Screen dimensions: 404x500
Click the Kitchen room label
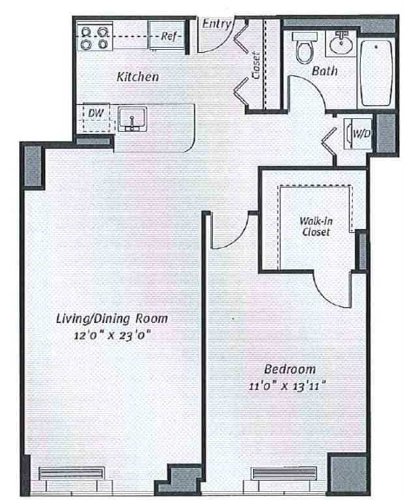pyautogui.click(x=137, y=77)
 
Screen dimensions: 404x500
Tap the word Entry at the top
pyautogui.click(x=216, y=23)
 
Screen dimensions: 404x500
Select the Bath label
pyautogui.click(x=325, y=70)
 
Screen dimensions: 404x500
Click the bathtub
pyautogui.click(x=377, y=74)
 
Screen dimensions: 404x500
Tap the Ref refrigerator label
pyautogui.click(x=169, y=36)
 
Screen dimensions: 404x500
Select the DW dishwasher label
pyautogui.click(x=96, y=113)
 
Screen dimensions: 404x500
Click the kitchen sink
pyautogui.click(x=132, y=119)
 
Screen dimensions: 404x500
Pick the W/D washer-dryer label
pyautogui.click(x=362, y=133)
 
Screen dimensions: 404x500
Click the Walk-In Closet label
pyautogui.click(x=316, y=227)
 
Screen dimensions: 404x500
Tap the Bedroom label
pyautogui.click(x=290, y=369)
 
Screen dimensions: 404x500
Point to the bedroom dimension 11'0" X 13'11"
pyautogui.click(x=287, y=386)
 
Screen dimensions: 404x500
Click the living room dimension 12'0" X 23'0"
pyautogui.click(x=112, y=335)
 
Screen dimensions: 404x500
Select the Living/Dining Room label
pyautogui.click(x=112, y=318)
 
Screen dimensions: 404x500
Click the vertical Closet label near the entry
pyautogui.click(x=256, y=65)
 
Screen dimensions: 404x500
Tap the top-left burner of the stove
pyautogui.click(x=87, y=32)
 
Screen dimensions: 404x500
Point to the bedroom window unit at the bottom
pyautogui.click(x=283, y=473)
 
